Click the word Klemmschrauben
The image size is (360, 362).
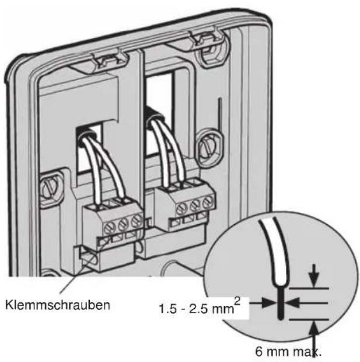[x=58, y=305]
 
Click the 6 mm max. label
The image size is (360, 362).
[x=288, y=351]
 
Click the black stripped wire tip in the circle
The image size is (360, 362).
[x=280, y=303]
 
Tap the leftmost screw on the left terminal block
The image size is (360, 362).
[x=109, y=228]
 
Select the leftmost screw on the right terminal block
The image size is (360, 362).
[x=181, y=209]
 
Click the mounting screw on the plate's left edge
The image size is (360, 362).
[x=50, y=189]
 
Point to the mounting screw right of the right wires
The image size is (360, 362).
[x=208, y=147]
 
